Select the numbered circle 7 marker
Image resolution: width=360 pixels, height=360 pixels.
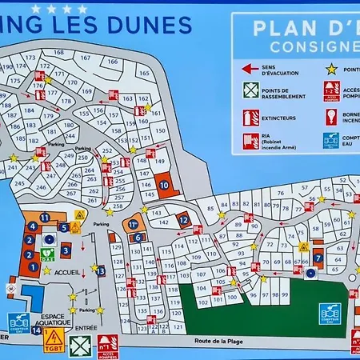[318, 258]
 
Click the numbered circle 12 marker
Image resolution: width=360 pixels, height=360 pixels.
[184, 220]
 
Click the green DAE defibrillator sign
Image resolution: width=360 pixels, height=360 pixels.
[47, 253]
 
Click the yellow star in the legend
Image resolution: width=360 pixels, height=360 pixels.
[329, 70]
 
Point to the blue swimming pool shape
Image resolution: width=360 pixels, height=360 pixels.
[34, 298]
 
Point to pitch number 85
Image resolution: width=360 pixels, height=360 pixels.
[210, 210]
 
